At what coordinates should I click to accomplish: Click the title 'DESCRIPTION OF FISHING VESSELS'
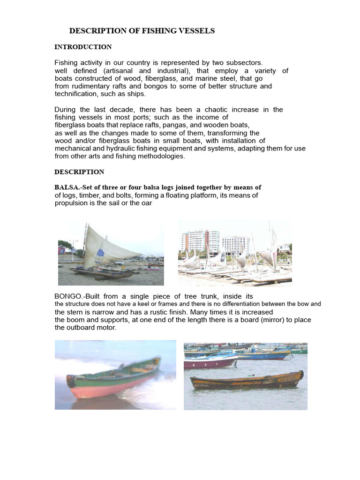coord(142,31)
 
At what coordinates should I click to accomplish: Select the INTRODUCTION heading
coord(83,47)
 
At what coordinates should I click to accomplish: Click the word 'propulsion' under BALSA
coord(71,203)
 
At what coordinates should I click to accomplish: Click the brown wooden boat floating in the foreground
coord(246,381)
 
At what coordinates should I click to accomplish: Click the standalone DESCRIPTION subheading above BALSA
coord(79,172)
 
